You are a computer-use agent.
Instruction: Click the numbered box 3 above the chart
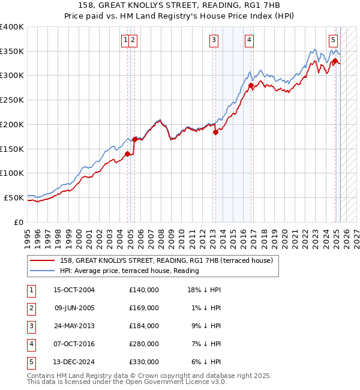pyautogui.click(x=214, y=40)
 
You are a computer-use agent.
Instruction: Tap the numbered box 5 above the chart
pyautogui.click(x=333, y=40)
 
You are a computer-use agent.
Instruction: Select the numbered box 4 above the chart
pyautogui.click(x=248, y=40)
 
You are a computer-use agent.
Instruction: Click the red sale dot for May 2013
pyautogui.click(x=215, y=133)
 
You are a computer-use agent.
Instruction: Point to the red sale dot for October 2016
pyautogui.click(x=251, y=86)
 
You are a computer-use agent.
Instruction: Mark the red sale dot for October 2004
pyautogui.click(x=127, y=154)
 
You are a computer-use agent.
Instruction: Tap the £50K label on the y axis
pyautogui.click(x=14, y=197)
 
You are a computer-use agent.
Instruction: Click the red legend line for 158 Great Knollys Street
pyautogui.click(x=43, y=260)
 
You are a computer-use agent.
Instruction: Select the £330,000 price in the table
pyautogui.click(x=144, y=362)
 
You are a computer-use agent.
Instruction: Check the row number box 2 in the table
pyautogui.click(x=31, y=308)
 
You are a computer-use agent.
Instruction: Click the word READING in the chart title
pyautogui.click(x=205, y=7)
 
